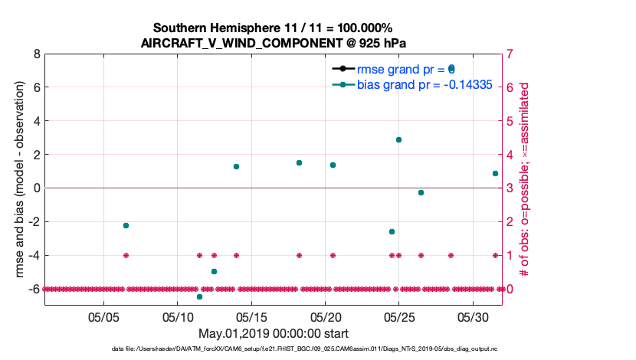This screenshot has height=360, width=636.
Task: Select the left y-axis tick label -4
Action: pos(34,255)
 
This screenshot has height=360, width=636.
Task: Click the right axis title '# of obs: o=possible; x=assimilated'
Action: pos(526,172)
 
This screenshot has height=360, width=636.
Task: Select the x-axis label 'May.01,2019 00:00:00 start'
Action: pos(273,334)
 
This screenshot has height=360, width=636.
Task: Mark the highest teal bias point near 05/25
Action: pos(398,139)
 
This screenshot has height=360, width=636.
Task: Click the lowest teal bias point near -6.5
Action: pos(199,296)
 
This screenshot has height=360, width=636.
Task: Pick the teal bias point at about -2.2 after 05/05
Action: pos(126,225)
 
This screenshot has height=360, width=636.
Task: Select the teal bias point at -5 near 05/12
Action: pos(214,271)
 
